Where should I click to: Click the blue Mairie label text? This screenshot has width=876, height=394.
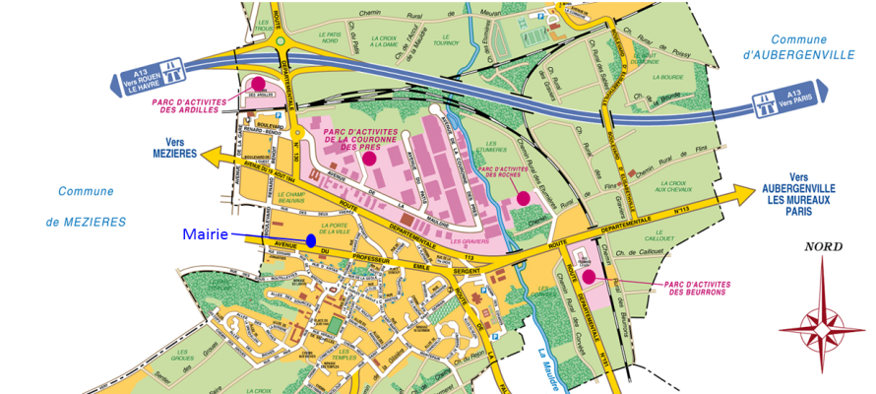(206, 234)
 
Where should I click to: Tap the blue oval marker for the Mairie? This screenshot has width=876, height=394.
(311, 240)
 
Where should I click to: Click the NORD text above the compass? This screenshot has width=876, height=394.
(823, 246)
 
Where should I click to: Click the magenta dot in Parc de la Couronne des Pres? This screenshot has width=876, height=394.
(369, 158)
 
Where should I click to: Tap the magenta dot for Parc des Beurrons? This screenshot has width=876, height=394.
(589, 277)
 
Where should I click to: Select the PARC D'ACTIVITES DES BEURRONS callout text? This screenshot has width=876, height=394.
(695, 288)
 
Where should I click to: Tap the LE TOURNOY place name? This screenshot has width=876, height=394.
(446, 41)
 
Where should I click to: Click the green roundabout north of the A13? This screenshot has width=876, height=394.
(281, 40)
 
